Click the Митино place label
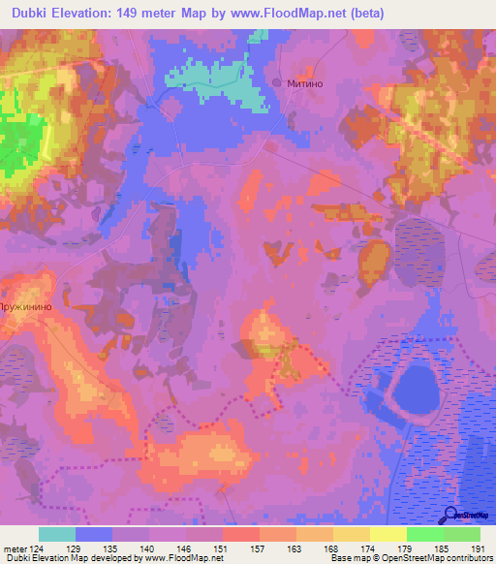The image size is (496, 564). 310,84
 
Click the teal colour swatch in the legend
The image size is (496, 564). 57,534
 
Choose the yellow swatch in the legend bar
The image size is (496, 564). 388,534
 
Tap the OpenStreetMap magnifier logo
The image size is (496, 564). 451,515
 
